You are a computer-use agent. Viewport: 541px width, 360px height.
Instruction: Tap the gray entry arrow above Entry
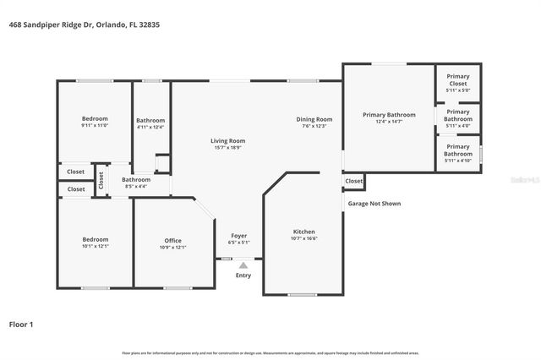[243, 265]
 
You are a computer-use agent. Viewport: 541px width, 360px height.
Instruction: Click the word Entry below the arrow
[243, 275]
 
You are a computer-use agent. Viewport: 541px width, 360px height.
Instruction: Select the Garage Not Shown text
[374, 204]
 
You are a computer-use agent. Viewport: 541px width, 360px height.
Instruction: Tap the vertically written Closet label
[101, 180]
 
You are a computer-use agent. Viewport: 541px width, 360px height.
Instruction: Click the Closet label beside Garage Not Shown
[353, 181]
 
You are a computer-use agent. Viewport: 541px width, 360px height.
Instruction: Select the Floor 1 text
[21, 324]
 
